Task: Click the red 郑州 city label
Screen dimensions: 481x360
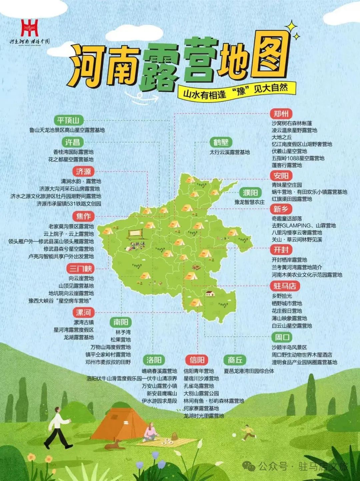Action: pos(281,114)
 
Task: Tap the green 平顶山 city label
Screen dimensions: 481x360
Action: pos(68,120)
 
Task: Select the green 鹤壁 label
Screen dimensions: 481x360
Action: pos(221,143)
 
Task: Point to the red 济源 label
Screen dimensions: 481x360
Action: pos(83,172)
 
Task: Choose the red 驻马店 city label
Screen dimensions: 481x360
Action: pos(285,286)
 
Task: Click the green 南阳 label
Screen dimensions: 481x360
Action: pos(120,322)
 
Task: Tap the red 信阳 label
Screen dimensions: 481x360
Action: pos(197,360)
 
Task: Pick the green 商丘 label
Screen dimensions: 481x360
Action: pos(235,360)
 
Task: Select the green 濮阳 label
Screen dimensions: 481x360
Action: pos(250,193)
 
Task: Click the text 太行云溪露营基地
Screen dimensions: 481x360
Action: pos(229,152)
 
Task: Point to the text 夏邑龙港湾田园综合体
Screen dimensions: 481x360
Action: pos(249,371)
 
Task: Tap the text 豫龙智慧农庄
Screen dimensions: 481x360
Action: pos(249,202)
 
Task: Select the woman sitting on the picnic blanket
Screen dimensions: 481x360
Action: pos(150,433)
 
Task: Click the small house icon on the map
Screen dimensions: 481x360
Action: pos(210,294)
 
